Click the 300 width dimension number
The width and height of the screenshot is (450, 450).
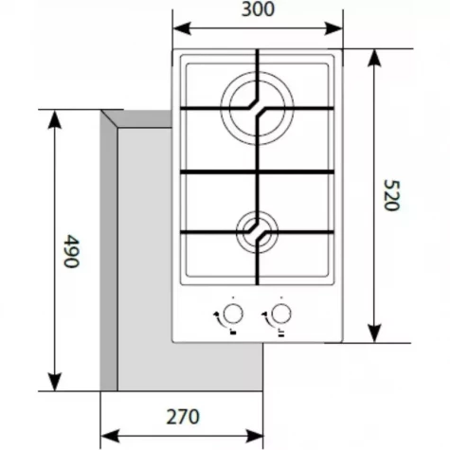coord(258,9)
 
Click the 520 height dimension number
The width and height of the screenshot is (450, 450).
coord(392,195)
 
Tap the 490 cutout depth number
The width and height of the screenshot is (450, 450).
coord(71,251)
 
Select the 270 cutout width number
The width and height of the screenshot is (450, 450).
coord(183,417)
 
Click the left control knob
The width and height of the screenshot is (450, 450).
coord(233,314)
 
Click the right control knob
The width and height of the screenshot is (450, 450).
coord(280,314)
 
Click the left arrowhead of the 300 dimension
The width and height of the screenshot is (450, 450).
coord(182,28)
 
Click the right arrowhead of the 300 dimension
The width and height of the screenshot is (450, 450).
coord(333,28)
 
